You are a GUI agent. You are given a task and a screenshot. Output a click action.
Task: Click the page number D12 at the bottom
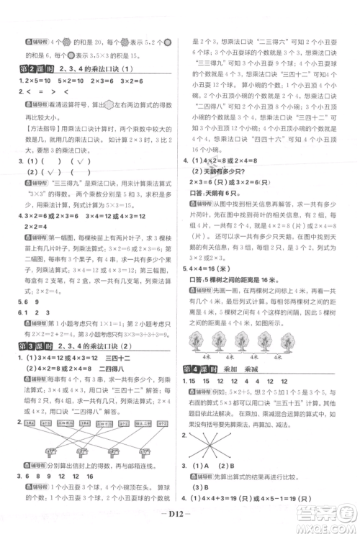[180, 525]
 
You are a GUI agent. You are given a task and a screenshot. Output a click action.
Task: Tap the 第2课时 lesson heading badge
[32, 68]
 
